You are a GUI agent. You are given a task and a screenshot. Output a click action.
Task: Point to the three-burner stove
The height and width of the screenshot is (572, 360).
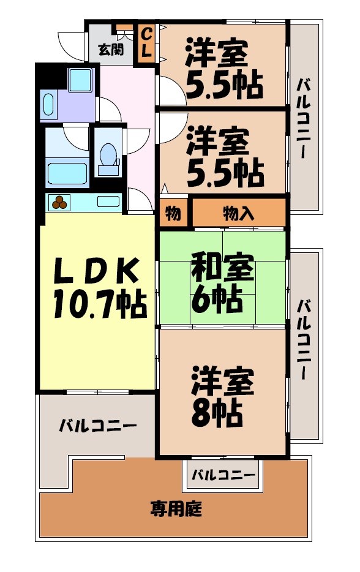pyautogui.click(x=60, y=201)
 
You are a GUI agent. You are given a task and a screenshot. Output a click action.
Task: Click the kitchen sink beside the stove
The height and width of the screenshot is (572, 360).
pyautogui.click(x=108, y=201)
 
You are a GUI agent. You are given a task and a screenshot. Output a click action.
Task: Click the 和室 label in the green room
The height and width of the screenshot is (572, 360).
pyautogui.click(x=222, y=269)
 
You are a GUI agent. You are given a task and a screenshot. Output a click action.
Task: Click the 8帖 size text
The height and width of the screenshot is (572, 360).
pyautogui.click(x=216, y=414)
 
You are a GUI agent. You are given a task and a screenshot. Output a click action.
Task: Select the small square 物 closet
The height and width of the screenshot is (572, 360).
pyautogui.click(x=174, y=214)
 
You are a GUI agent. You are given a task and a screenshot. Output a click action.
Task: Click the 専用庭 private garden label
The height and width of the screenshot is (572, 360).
pyautogui.click(x=177, y=507)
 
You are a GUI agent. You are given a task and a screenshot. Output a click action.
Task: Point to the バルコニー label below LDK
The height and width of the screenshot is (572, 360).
pyautogui.click(x=97, y=425)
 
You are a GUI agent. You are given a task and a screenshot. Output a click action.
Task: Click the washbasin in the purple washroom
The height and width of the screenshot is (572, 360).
pyautogui.click(x=50, y=105)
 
